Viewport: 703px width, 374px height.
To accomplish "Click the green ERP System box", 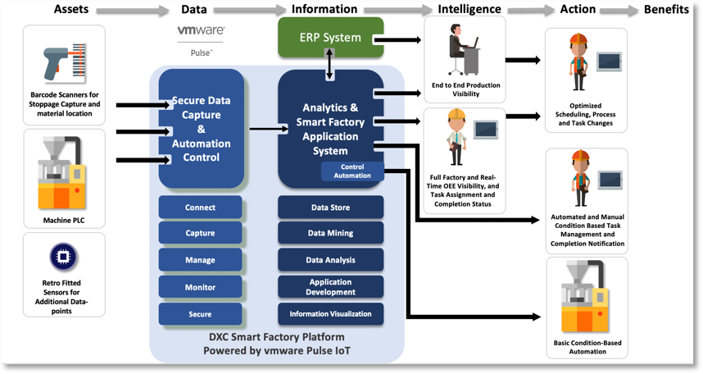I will (330, 38).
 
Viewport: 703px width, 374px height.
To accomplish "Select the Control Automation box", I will (352, 171).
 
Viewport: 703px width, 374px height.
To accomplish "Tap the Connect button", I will (200, 208).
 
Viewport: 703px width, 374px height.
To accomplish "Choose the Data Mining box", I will (331, 233).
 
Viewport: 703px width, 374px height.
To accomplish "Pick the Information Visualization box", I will (331, 313).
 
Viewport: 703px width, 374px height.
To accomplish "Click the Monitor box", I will (200, 287).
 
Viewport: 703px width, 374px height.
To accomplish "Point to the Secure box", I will (200, 314).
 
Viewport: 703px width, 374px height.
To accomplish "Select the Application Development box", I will (331, 286).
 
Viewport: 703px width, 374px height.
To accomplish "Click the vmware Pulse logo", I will (201, 38).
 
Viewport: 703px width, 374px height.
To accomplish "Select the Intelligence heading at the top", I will (469, 9).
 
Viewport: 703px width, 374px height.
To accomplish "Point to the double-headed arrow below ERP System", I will (330, 65).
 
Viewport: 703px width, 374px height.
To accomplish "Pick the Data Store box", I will (331, 208).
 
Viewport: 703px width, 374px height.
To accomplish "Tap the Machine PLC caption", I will (64, 220).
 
